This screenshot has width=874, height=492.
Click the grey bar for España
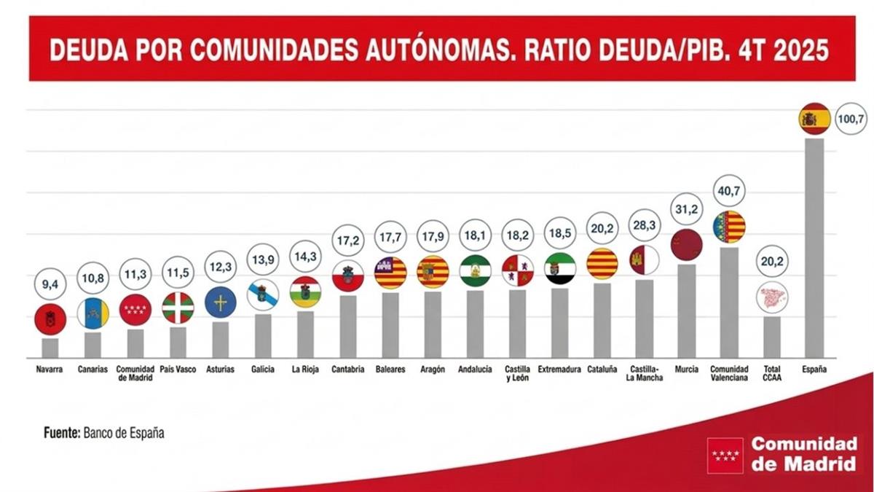814,248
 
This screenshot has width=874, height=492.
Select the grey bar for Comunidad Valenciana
729,302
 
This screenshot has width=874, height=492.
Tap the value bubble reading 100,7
850,118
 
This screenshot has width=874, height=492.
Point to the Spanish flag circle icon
814,119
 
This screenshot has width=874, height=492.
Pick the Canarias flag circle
92,313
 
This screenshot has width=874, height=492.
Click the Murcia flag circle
686,245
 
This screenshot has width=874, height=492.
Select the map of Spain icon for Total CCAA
771,297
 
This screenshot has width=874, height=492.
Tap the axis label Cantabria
347,370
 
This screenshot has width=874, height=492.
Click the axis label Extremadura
559,370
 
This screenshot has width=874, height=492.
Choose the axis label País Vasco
178,370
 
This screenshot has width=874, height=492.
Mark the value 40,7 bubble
729,191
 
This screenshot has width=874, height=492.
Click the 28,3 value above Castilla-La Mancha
645,226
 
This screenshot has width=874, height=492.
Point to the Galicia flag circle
262,295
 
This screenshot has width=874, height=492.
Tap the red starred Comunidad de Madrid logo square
725,456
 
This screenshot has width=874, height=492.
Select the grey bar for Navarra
50,348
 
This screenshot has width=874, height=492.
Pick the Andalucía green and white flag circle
475,270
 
